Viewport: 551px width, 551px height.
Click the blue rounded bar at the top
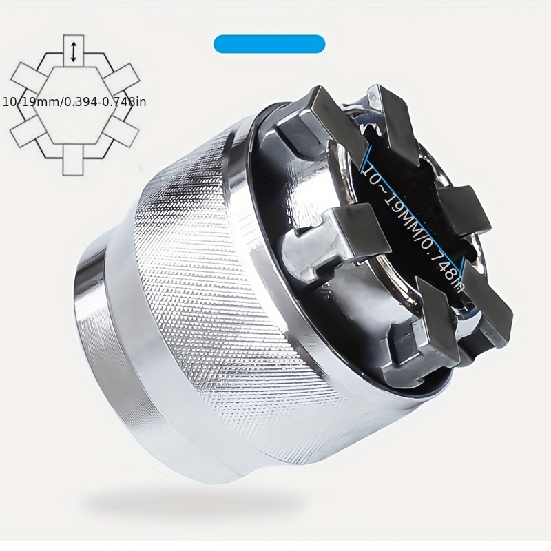tap(269, 44)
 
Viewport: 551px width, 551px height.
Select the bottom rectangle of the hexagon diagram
tap(73, 159)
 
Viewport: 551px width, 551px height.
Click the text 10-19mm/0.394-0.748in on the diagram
tap(74, 102)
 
